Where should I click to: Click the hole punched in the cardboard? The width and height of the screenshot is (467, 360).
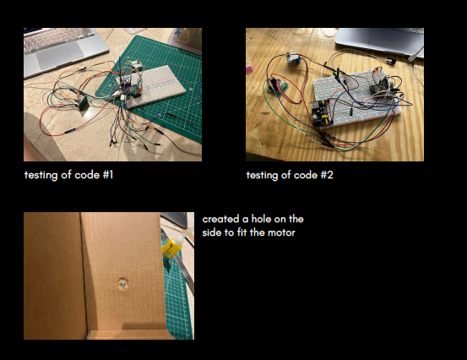[x=122, y=284]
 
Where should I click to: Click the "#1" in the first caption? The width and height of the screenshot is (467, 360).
[x=108, y=175]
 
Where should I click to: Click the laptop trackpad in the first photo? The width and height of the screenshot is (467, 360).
[x=61, y=55]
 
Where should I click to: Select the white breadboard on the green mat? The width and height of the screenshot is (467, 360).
[x=155, y=86]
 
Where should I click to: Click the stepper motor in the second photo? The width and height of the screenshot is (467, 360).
[x=292, y=57]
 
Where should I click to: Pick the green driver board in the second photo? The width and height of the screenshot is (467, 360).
[x=277, y=85]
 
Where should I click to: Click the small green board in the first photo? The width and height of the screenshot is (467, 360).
[x=83, y=103]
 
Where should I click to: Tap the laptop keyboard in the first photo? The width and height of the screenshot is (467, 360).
[x=59, y=38]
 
